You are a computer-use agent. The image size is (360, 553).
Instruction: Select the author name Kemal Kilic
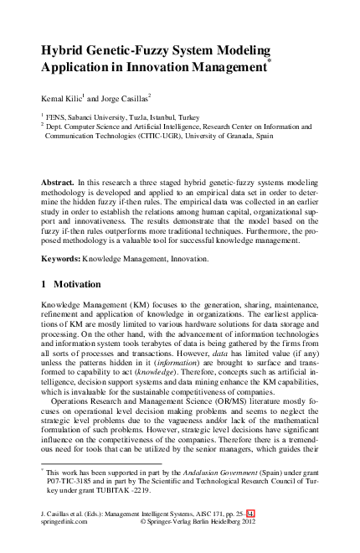(62, 98)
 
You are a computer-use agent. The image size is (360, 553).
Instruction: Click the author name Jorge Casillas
(126, 98)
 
